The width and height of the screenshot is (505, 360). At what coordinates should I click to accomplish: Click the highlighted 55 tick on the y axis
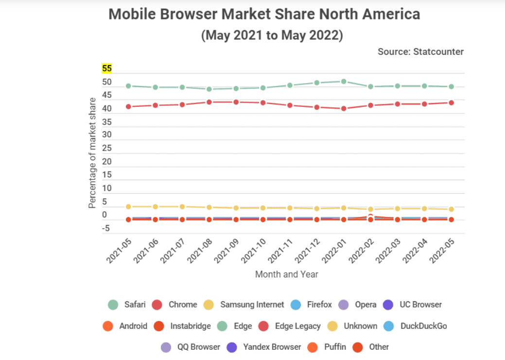[106, 69]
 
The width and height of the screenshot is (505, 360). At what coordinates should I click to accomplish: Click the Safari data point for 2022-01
[344, 82]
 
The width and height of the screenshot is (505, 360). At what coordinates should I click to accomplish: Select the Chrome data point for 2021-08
[209, 102]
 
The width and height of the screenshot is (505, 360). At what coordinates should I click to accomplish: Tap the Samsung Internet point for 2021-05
[128, 206]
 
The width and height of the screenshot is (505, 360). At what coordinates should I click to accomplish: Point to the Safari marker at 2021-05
[128, 86]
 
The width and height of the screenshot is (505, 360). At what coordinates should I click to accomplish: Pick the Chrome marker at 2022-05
[451, 103]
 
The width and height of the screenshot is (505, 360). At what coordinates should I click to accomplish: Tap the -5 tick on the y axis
[106, 228]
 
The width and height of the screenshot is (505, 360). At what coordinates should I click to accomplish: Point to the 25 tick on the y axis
[106, 149]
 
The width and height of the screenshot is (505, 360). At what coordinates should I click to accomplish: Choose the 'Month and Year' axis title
[287, 274]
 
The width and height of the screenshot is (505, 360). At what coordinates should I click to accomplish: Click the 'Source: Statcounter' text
[420, 51]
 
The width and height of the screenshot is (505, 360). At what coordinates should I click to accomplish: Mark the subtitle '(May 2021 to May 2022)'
[272, 35]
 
